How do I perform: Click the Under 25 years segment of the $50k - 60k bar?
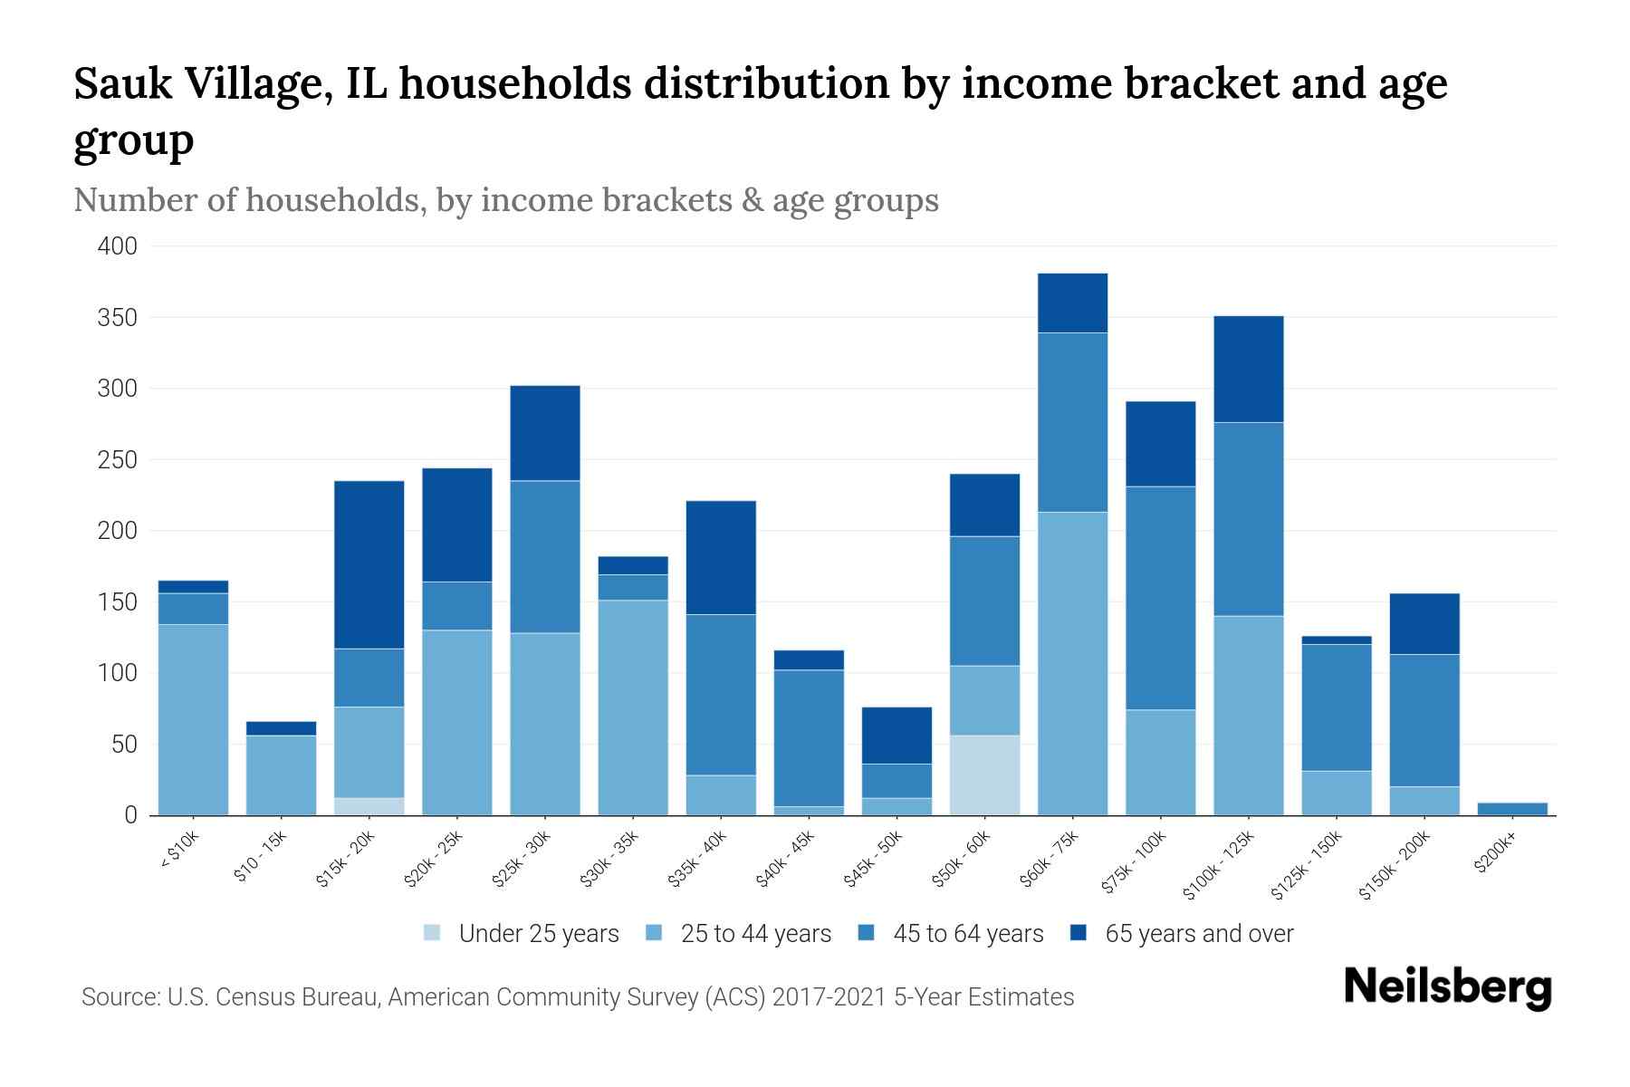[984, 775]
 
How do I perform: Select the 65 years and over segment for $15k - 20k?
[369, 564]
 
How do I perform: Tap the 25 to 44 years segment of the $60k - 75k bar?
[1072, 663]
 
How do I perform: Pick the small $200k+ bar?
[1512, 808]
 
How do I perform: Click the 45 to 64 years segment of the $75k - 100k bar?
[1160, 598]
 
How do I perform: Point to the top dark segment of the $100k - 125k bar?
[1248, 369]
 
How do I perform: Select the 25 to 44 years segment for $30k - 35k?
[633, 707]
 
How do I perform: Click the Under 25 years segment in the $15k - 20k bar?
[369, 806]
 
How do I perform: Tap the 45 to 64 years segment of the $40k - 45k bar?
[809, 737]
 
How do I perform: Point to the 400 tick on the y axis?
[118, 246]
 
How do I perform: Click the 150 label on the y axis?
[118, 602]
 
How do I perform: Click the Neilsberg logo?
[1447, 987]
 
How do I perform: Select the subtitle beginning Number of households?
[505, 200]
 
